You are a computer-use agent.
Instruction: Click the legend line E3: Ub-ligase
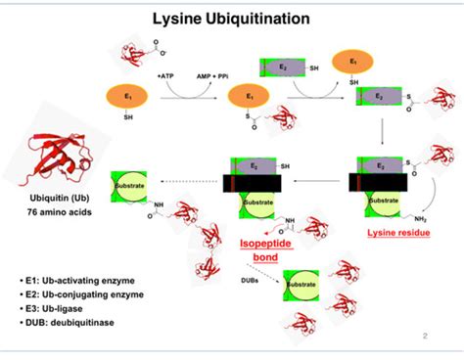(66, 311)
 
